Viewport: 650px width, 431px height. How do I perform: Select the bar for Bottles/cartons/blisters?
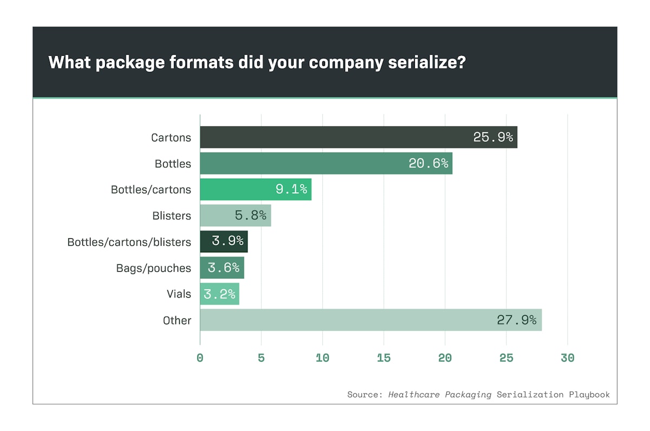[224, 241]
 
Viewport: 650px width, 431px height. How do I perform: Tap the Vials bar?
[219, 294]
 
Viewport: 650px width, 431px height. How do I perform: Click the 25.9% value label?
[493, 137]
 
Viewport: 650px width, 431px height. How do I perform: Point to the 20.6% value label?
[428, 163]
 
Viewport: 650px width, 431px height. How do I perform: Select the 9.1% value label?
[291, 190]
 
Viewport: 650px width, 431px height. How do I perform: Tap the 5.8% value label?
[250, 216]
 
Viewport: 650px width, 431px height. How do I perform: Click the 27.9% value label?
[517, 320]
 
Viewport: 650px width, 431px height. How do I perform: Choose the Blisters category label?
[172, 216]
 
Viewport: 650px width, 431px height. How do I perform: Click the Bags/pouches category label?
[153, 268]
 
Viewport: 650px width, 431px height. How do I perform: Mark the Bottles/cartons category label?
[151, 190]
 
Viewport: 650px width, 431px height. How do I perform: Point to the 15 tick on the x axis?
[383, 358]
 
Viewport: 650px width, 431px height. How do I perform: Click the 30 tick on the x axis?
[567, 358]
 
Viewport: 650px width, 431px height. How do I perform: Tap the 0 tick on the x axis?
[200, 358]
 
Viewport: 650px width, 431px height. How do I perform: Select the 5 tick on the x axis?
[261, 358]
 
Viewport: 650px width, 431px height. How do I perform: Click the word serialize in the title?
[427, 62]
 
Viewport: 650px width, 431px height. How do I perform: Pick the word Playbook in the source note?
[589, 394]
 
